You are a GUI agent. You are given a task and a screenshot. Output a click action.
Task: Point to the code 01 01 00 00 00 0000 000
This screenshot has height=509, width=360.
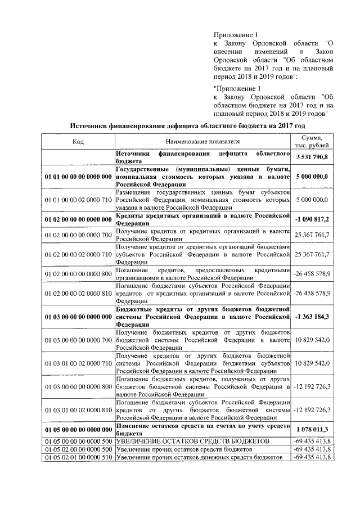[78, 177]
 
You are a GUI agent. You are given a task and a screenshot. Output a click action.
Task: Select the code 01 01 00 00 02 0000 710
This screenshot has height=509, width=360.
[78, 200]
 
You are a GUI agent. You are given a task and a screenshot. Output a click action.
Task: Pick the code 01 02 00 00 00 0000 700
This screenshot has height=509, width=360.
[78, 235]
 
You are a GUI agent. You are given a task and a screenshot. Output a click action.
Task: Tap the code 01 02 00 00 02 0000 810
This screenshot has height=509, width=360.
[78, 293]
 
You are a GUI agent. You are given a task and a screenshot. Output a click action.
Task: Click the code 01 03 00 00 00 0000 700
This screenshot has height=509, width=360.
[78, 340]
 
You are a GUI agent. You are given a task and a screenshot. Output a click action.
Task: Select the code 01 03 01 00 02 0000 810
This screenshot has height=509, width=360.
[78, 410]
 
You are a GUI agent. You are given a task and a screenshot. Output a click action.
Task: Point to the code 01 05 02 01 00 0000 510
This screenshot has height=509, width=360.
[78, 457]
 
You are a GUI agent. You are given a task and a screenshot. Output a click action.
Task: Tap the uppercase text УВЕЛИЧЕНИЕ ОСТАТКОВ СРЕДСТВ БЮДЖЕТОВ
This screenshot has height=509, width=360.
[188, 442]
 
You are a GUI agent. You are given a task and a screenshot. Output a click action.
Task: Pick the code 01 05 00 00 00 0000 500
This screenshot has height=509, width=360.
[78, 442]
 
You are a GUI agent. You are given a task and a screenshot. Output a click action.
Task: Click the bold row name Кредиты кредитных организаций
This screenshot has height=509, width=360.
[202, 219]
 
